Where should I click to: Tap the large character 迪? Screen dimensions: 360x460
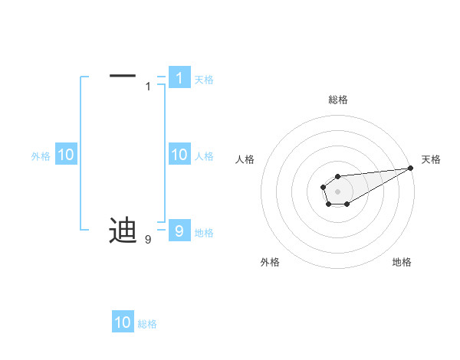pyautogui.click(x=123, y=230)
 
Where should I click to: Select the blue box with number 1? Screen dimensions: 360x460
pyautogui.click(x=179, y=78)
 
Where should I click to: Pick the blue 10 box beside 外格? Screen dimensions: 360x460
pyautogui.click(x=65, y=155)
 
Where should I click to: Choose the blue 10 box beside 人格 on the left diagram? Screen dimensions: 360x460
pyautogui.click(x=179, y=155)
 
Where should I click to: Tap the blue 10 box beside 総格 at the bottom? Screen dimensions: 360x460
pyautogui.click(x=123, y=322)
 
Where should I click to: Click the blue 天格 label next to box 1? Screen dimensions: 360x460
pyautogui.click(x=204, y=80)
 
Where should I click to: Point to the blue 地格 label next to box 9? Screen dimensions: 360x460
pyautogui.click(x=204, y=233)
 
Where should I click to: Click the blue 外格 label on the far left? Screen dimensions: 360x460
pyautogui.click(x=41, y=156)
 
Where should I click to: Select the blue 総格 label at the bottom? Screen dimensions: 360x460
pyautogui.click(x=147, y=324)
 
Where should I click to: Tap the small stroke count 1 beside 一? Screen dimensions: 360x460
pyautogui.click(x=148, y=87)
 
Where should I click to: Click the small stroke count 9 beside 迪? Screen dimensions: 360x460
pyautogui.click(x=148, y=240)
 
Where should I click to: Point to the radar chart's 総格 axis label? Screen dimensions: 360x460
pyautogui.click(x=338, y=100)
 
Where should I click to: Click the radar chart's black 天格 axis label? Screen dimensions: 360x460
pyautogui.click(x=431, y=159)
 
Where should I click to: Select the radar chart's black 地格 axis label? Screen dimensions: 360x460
pyautogui.click(x=402, y=262)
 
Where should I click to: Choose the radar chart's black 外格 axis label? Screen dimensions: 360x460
pyautogui.click(x=270, y=262)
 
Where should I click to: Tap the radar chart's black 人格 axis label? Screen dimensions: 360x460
pyautogui.click(x=245, y=159)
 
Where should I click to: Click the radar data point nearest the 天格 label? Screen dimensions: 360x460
pyautogui.click(x=410, y=168)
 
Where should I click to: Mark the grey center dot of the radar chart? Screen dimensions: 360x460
pyautogui.click(x=337, y=190)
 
